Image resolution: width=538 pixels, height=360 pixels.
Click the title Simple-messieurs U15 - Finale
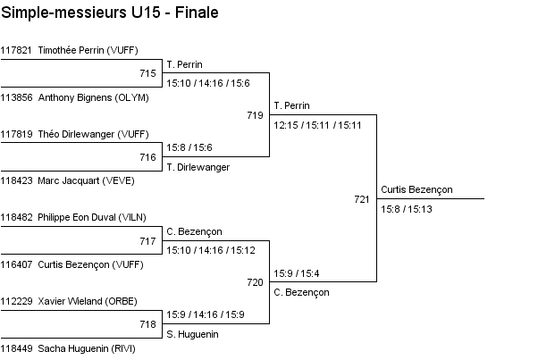pyautogui.click(x=110, y=13)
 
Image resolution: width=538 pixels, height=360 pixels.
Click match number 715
pyautogui.click(x=148, y=73)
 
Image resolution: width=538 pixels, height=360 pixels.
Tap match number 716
pyautogui.click(x=148, y=157)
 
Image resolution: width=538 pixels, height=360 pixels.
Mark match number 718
pyautogui.click(x=148, y=324)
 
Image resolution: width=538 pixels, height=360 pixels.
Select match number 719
pyautogui.click(x=256, y=115)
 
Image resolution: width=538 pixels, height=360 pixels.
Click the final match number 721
pyautogui.click(x=362, y=199)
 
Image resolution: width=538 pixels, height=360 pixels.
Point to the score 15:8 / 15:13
pyautogui.click(x=407, y=209)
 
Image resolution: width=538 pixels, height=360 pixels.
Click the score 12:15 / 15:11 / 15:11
pyautogui.click(x=317, y=125)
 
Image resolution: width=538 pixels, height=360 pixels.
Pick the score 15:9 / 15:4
pyautogui.click(x=297, y=273)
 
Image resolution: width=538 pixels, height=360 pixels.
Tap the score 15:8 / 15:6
pyautogui.click(x=189, y=147)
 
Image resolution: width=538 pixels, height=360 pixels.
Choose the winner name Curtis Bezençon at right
pyautogui.click(x=416, y=189)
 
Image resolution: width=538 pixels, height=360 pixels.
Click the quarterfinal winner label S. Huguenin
pyautogui.click(x=193, y=334)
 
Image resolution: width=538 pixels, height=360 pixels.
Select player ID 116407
pyautogui.click(x=16, y=264)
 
